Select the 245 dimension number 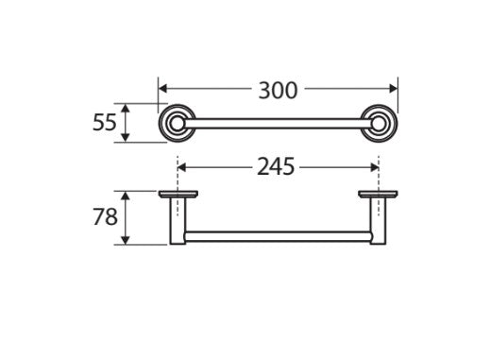coord(277,166)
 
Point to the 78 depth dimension coord(105,217)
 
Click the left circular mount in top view coord(177,122)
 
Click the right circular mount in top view coord(380,122)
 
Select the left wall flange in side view coord(177,195)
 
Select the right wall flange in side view coord(379,195)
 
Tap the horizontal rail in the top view coord(279,122)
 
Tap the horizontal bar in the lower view coord(279,234)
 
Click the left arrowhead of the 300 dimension coord(162,91)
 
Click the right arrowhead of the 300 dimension coord(394,91)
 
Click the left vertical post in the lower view coord(177,222)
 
